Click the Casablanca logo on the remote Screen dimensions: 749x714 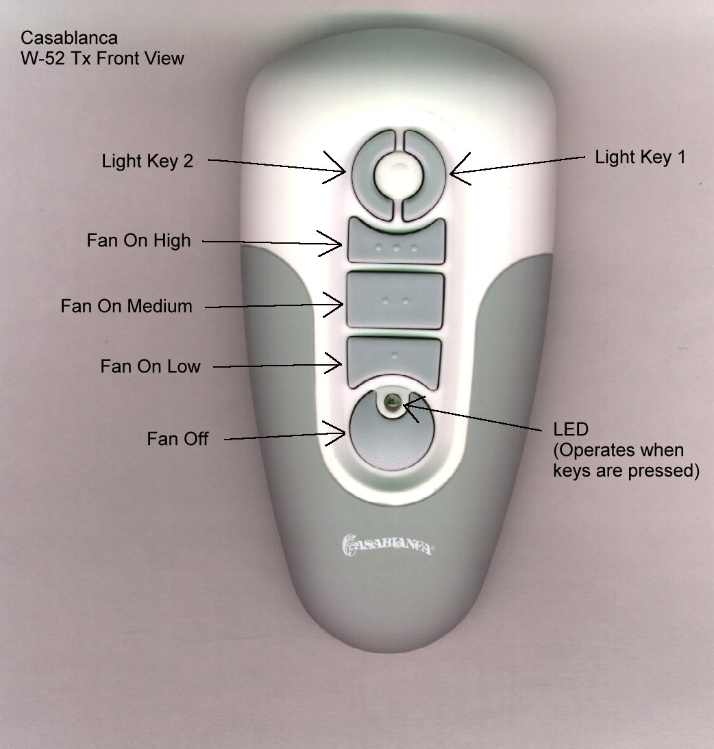pos(386,546)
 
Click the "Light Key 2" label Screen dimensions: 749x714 pos(147,162)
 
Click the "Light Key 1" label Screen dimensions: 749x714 pos(640,157)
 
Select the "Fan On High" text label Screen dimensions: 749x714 pos(138,240)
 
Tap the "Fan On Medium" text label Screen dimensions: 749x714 pos(126,305)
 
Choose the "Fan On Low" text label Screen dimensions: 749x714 pos(150,366)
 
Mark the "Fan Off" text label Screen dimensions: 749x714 pos(177,438)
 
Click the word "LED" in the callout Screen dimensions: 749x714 pos(570,429)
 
